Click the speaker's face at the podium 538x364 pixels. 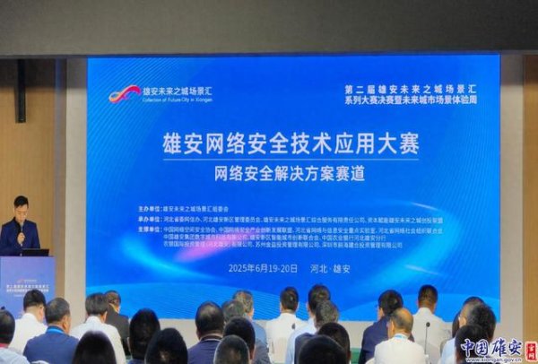tap(21, 205)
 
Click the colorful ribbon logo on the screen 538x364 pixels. tap(124, 93)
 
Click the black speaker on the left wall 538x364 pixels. tap(21, 90)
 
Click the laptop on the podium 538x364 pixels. tap(33, 252)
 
